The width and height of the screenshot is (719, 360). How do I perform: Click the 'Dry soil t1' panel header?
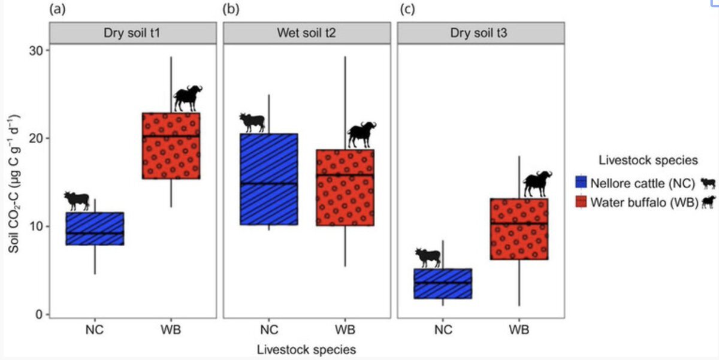click(132, 34)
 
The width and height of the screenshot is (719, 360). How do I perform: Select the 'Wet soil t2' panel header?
click(307, 34)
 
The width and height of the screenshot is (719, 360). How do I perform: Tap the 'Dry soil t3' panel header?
click(481, 34)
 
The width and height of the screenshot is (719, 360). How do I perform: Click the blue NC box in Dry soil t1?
click(95, 228)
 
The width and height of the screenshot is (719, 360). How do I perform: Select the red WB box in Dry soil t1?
click(171, 146)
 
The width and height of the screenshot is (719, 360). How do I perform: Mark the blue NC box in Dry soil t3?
click(443, 283)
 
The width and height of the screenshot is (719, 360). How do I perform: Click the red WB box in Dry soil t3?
click(519, 229)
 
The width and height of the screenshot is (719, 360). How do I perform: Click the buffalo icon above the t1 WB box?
click(188, 98)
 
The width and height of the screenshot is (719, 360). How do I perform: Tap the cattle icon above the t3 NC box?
click(428, 257)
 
